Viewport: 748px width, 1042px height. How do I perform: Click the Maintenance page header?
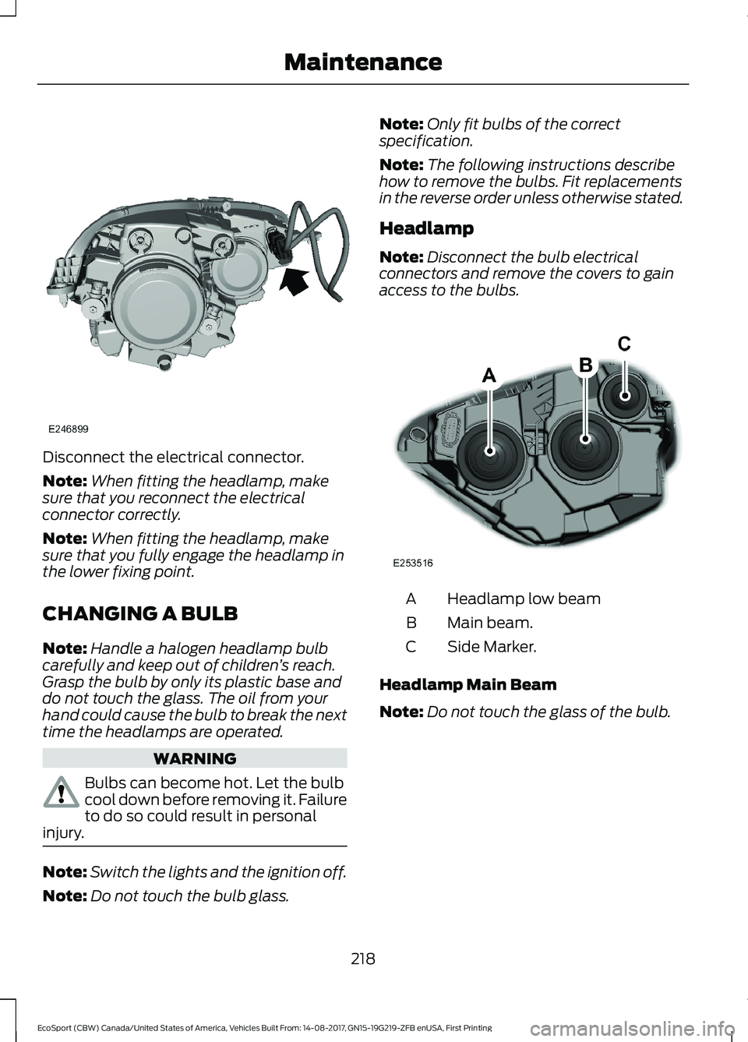[x=363, y=62]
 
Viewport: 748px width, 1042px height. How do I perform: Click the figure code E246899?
[x=68, y=429]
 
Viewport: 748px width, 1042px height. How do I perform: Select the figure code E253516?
[x=413, y=562]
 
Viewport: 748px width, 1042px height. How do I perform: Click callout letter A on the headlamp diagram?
[x=489, y=375]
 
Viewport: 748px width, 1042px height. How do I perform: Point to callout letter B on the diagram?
[x=586, y=364]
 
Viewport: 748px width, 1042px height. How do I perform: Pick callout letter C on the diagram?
[x=624, y=343]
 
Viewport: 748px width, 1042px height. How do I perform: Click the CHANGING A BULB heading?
[x=140, y=613]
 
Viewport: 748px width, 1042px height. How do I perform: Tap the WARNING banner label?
[x=195, y=758]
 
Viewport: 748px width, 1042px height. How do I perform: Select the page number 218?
[x=363, y=959]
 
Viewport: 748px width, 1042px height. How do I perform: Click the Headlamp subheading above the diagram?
[x=425, y=228]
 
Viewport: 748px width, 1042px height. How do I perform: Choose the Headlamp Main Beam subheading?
[x=467, y=684]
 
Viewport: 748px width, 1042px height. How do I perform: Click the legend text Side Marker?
[x=492, y=647]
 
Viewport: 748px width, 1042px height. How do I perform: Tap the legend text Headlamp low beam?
[x=524, y=599]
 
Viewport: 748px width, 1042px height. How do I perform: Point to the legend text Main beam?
[x=490, y=623]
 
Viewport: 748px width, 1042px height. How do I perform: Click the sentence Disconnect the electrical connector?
[x=173, y=457]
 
